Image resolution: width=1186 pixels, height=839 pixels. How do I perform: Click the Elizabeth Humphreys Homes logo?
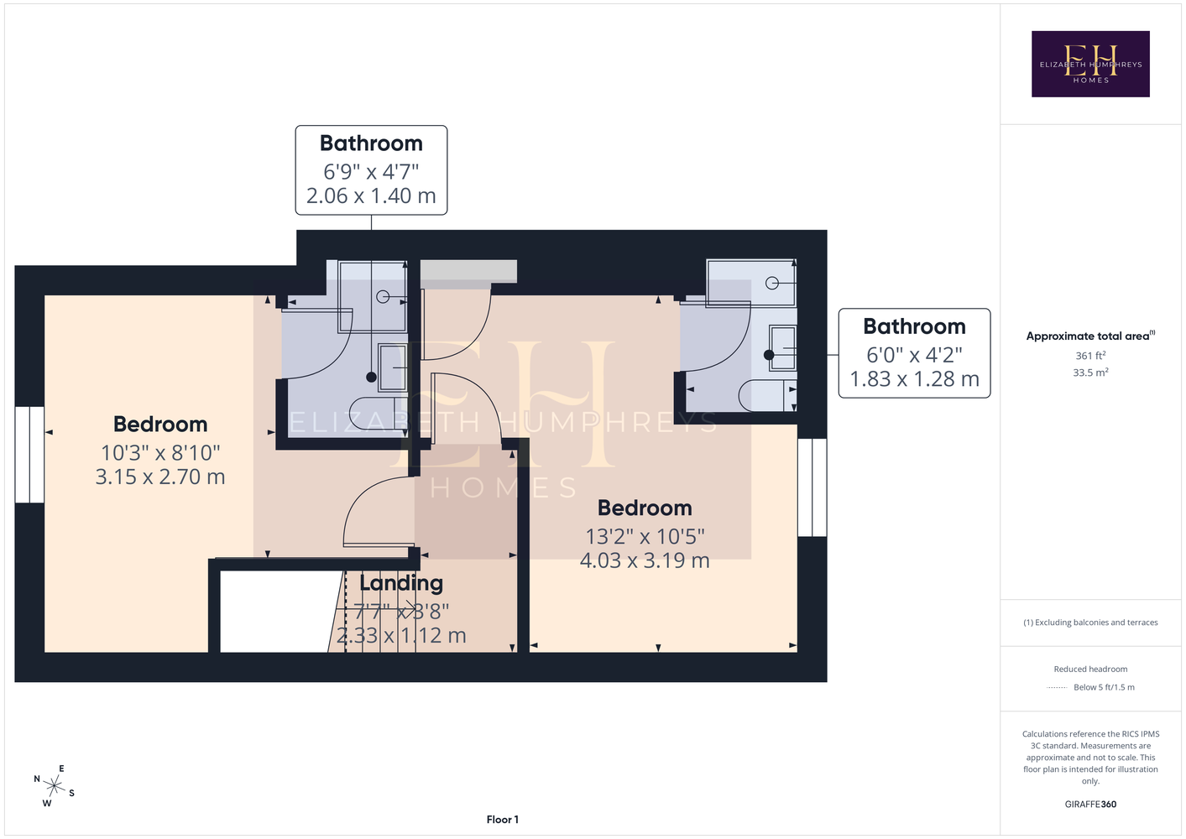(1090, 64)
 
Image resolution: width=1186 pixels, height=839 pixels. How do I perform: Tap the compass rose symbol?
(54, 786)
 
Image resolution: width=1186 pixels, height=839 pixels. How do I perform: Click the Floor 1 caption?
(503, 820)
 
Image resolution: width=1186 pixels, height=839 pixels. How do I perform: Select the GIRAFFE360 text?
(1090, 804)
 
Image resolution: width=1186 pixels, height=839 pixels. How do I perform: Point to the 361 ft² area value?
(1090, 356)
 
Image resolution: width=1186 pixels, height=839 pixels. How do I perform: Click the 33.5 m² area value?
(1090, 373)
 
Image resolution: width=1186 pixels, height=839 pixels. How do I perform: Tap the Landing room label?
(401, 583)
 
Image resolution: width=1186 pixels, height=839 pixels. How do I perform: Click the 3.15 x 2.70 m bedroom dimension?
(160, 477)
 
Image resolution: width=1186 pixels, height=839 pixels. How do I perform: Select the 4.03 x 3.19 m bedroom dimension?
(645, 560)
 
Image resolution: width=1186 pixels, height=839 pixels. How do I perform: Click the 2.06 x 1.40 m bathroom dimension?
(371, 195)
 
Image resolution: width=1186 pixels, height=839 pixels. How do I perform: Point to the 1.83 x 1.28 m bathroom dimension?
(914, 378)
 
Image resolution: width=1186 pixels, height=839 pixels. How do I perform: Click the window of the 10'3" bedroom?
(29, 454)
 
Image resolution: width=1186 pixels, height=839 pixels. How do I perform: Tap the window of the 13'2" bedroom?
(812, 487)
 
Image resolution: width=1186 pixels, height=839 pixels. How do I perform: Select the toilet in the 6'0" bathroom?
(768, 395)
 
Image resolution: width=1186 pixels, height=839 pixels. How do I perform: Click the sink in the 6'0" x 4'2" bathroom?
(782, 348)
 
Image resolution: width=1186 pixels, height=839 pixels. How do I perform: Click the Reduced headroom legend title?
(1090, 669)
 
